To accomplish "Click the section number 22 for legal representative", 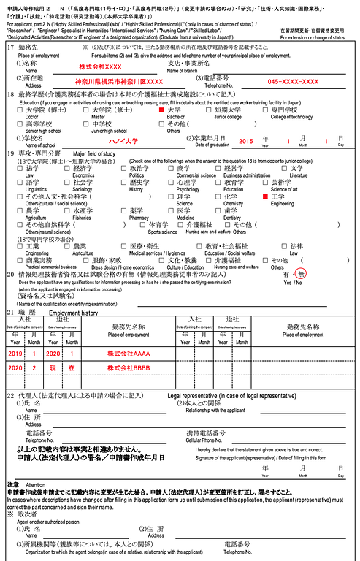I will pos(9,395).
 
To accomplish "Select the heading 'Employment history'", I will pos(73,311).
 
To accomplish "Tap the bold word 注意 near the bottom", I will pos(12,484).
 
